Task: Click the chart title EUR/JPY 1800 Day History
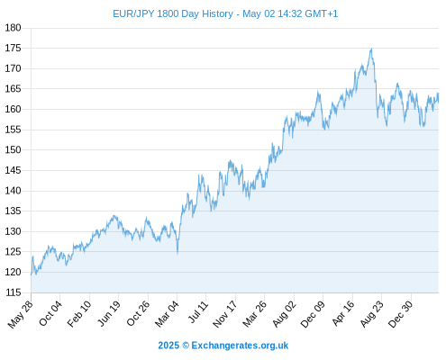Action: click(173, 13)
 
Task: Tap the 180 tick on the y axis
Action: click(13, 28)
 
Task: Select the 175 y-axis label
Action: click(13, 49)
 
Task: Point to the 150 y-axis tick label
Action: click(13, 149)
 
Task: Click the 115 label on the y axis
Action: click(13, 292)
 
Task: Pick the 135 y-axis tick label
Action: click(13, 211)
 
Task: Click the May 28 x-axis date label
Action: click(21, 314)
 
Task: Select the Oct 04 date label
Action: click(50, 313)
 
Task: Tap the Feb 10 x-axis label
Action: click(79, 313)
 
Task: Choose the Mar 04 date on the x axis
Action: click(167, 313)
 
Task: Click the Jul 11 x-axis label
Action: click(198, 311)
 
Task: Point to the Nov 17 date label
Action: click(225, 314)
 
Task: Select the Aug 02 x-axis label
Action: click(285, 313)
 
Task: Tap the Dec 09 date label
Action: click(313, 314)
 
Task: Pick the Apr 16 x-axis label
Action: click(343, 313)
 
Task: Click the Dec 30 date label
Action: click(401, 314)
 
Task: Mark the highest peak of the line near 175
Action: click(372, 49)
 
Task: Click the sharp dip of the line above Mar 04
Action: click(177, 254)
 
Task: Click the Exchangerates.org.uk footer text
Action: click(240, 346)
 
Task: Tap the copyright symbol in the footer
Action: click(186, 346)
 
